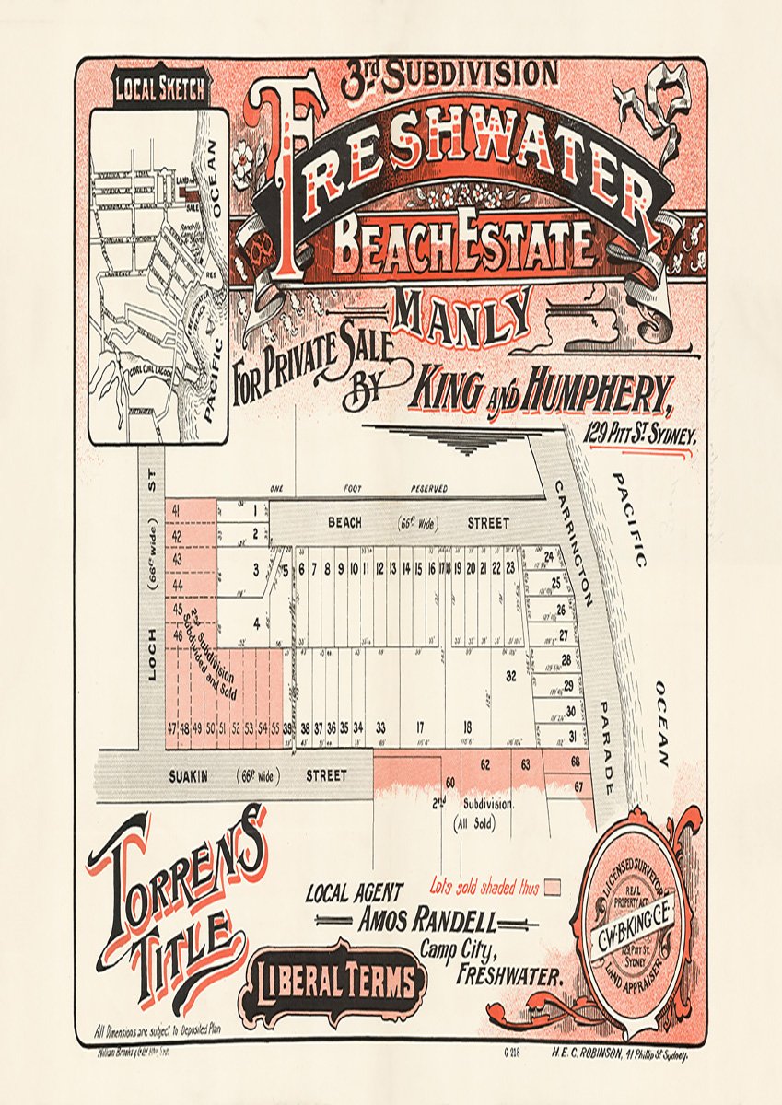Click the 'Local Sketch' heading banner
pyautogui.click(x=160, y=90)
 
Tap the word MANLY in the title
pyautogui.click(x=463, y=315)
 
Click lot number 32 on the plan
pyautogui.click(x=511, y=675)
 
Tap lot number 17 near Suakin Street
pyautogui.click(x=419, y=727)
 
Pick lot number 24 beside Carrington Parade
pyautogui.click(x=549, y=556)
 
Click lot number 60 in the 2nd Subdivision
pyautogui.click(x=450, y=782)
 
